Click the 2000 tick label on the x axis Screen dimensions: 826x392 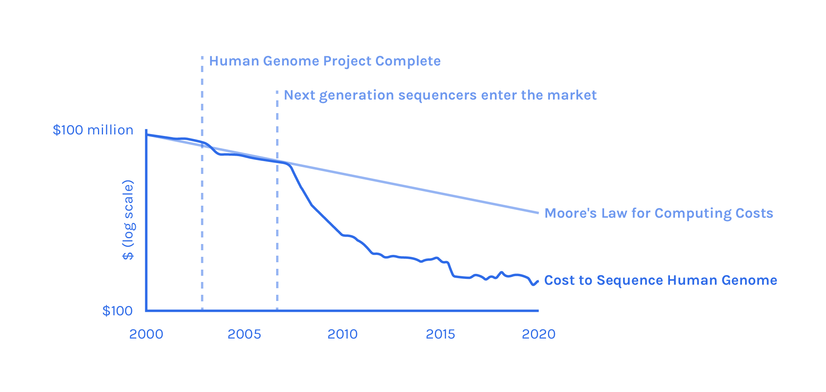pos(146,334)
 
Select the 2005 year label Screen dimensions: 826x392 pos(244,334)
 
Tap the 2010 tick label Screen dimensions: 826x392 pos(342,334)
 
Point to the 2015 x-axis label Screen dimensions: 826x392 pos(440,334)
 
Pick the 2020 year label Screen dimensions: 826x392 pos(539,334)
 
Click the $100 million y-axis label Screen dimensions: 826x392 pos(93,130)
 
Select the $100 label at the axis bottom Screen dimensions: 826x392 pos(117,311)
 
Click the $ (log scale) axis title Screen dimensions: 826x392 pos(128,220)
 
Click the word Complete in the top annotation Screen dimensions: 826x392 pos(408,61)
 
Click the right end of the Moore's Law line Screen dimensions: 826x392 pos(538,213)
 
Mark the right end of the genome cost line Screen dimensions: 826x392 pos(538,281)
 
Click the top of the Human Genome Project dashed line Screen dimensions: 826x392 pos(202,57)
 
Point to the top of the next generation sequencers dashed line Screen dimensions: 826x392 pos(277,91)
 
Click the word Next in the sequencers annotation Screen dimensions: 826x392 pos(300,95)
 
